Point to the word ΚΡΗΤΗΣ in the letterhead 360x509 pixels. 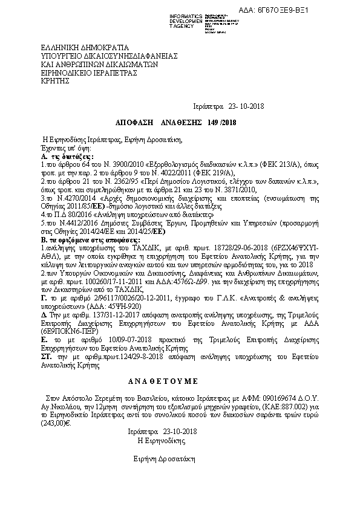coord(55,80)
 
